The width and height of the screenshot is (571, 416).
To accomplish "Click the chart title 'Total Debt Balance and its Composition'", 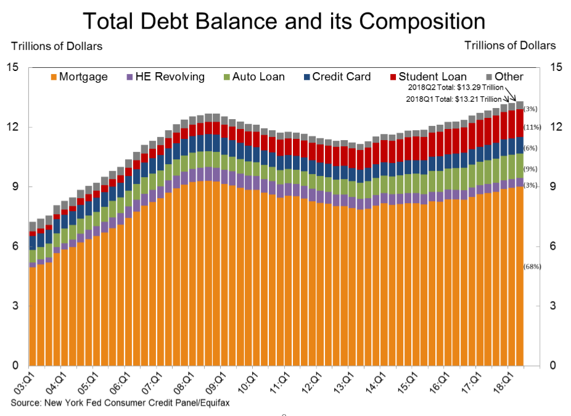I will coord(284,21).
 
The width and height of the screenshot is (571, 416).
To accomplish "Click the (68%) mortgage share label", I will coord(532,267).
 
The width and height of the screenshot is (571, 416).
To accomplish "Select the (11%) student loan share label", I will coord(532,127).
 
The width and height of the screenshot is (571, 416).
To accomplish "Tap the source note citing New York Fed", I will coord(114,403).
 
